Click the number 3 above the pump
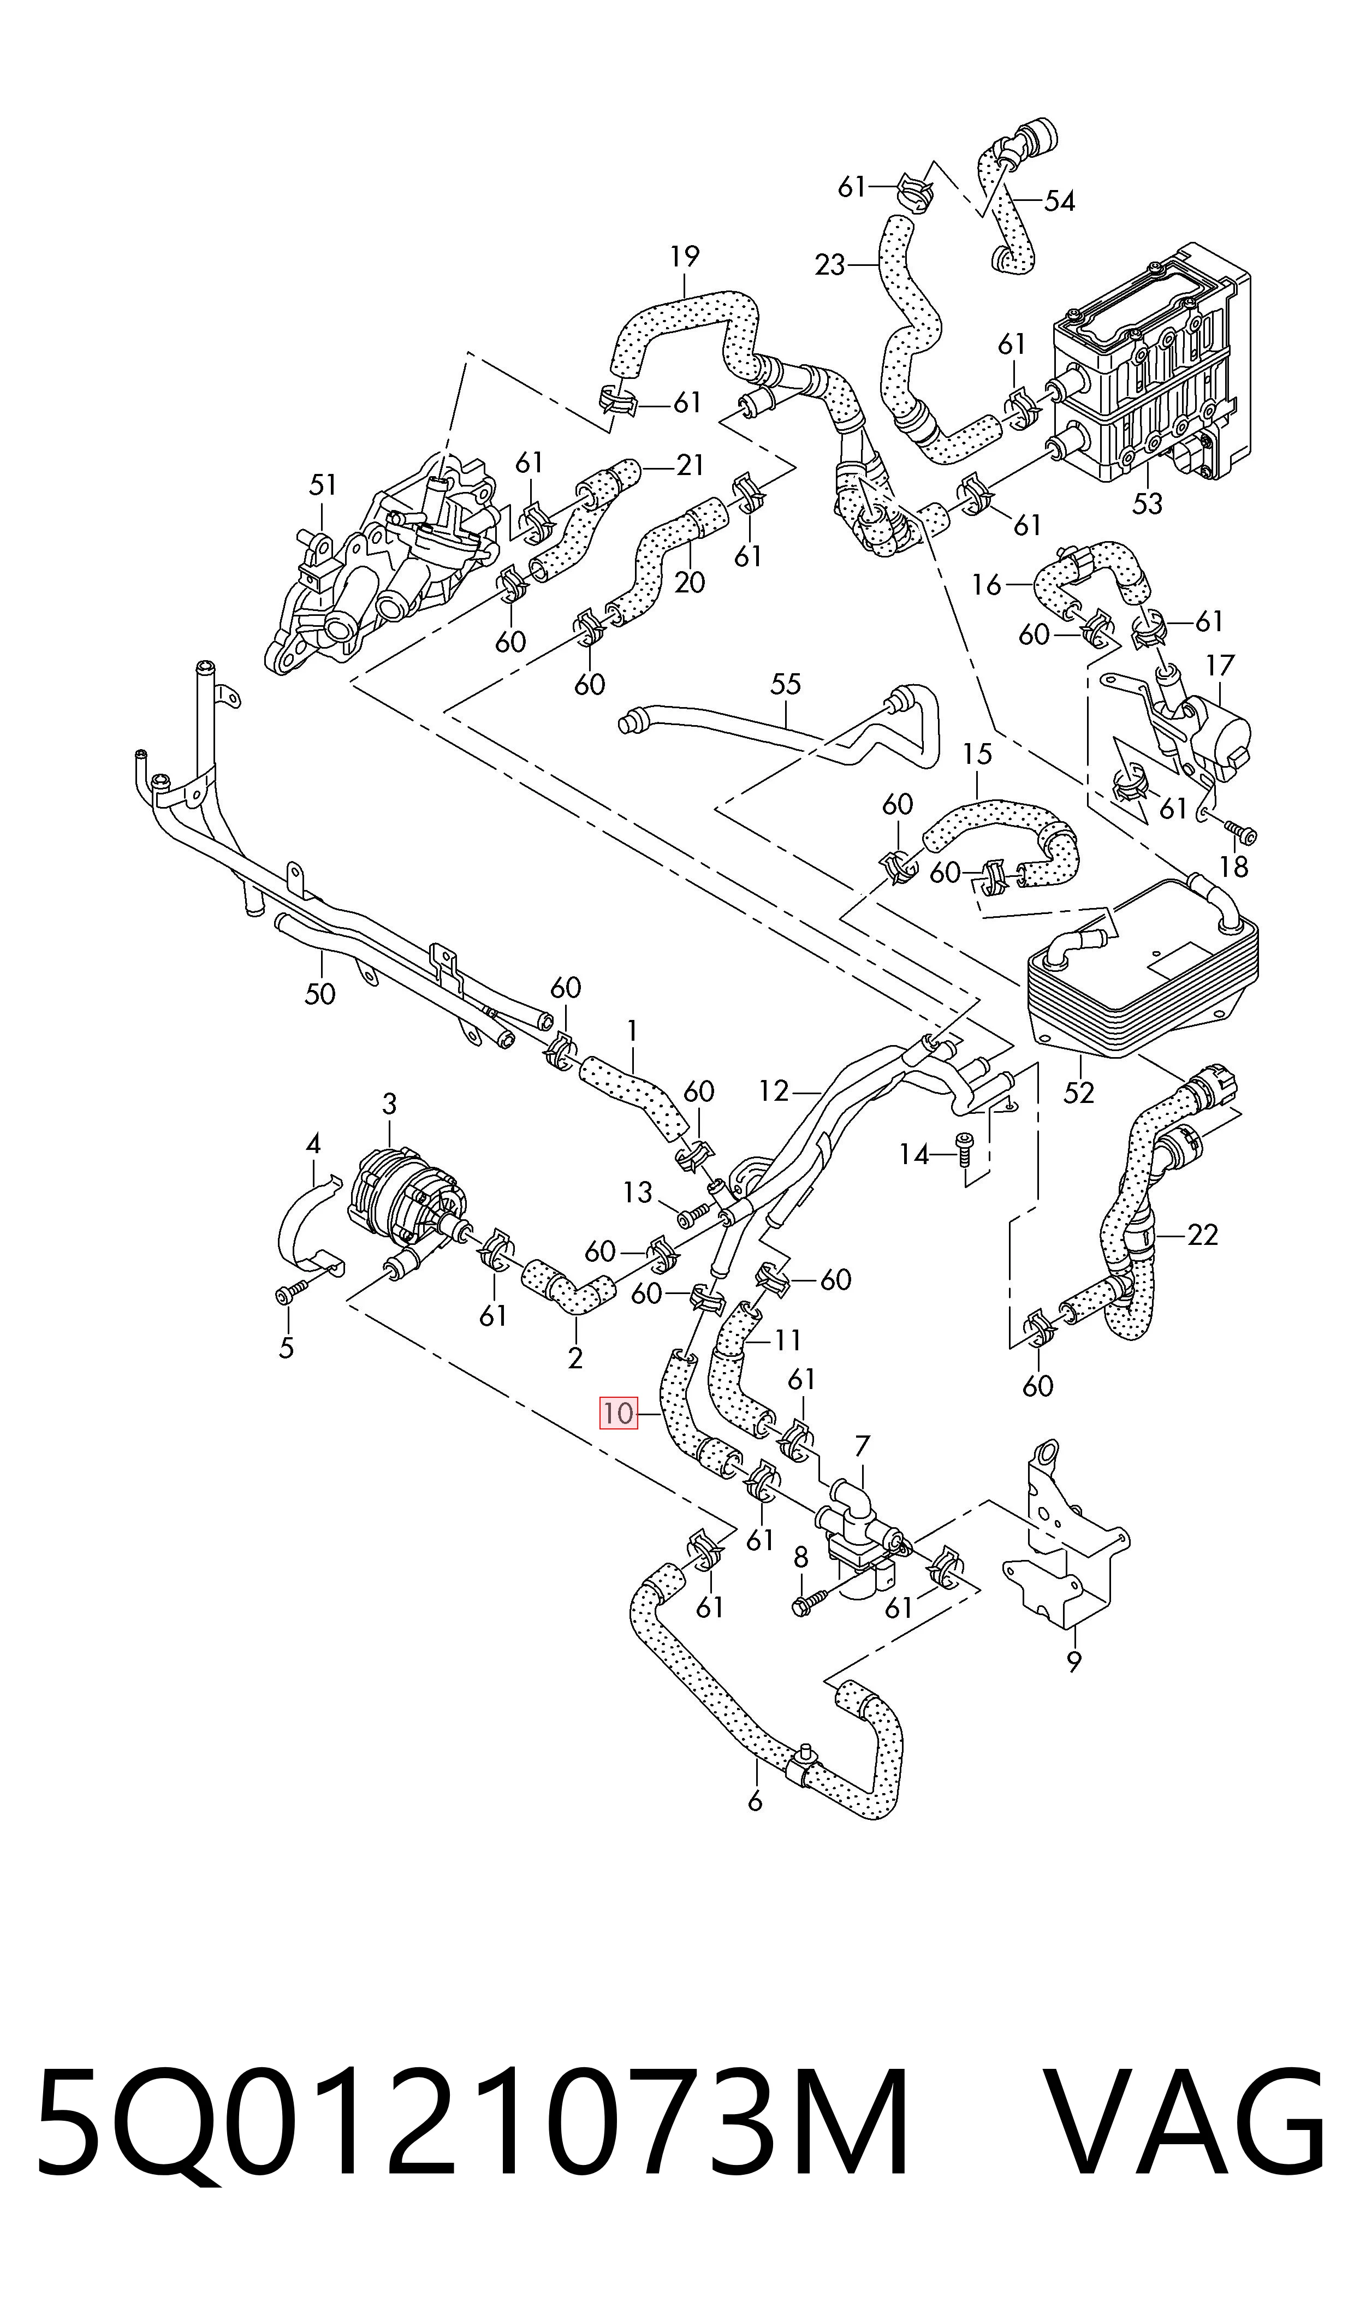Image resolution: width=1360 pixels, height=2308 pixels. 389,1105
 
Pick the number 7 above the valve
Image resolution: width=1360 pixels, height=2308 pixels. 862,1447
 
